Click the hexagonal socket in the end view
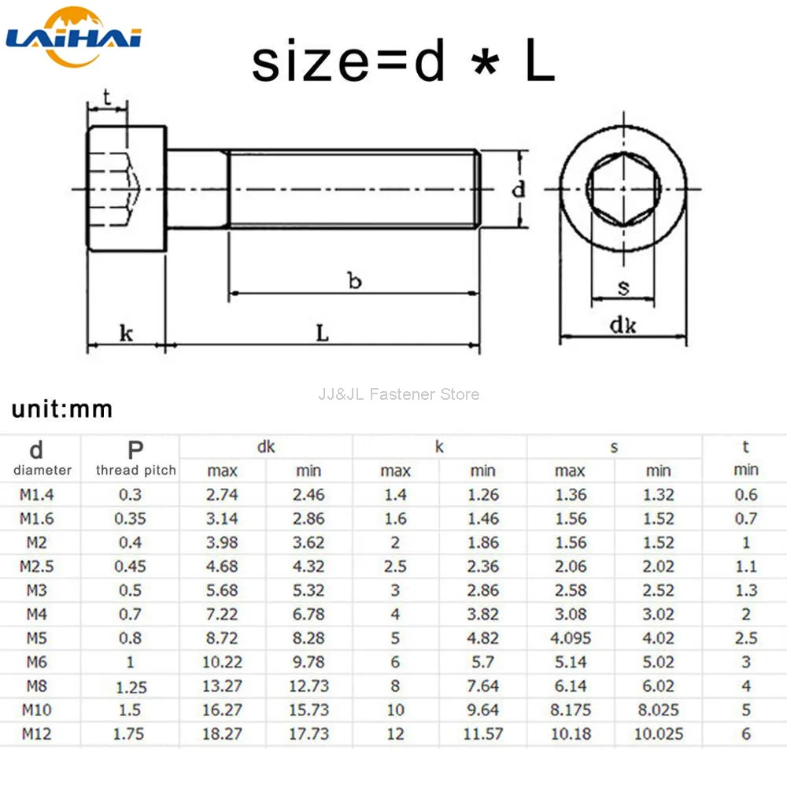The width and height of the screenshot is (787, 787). pyautogui.click(x=623, y=189)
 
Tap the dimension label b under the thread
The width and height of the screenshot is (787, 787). pyautogui.click(x=354, y=280)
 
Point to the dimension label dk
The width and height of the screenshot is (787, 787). pyautogui.click(x=623, y=325)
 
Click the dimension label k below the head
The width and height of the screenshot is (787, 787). pyautogui.click(x=126, y=333)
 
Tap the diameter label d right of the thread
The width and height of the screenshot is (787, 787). pyautogui.click(x=518, y=190)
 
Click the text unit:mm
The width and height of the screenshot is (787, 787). pyautogui.click(x=62, y=409)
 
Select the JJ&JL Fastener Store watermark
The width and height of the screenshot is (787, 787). pyautogui.click(x=398, y=394)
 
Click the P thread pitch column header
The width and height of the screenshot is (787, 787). pyautogui.click(x=135, y=458)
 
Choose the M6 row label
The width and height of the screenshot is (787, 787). pyautogui.click(x=36, y=662)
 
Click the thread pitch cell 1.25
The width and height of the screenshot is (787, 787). pyautogui.click(x=131, y=686)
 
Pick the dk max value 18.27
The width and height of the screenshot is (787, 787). pyautogui.click(x=223, y=733)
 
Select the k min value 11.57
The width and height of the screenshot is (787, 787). pyautogui.click(x=482, y=733)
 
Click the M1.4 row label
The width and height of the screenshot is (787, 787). pyautogui.click(x=38, y=495)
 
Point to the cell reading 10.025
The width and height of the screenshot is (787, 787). pyautogui.click(x=658, y=733)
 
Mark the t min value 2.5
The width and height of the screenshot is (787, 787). pyautogui.click(x=746, y=638)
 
